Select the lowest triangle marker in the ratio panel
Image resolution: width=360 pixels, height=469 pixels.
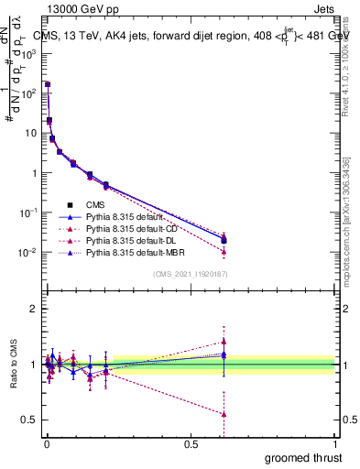point(224,414)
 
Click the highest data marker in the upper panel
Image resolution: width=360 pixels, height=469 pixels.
point(47,84)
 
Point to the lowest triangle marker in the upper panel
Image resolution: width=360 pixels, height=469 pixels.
point(224,251)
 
